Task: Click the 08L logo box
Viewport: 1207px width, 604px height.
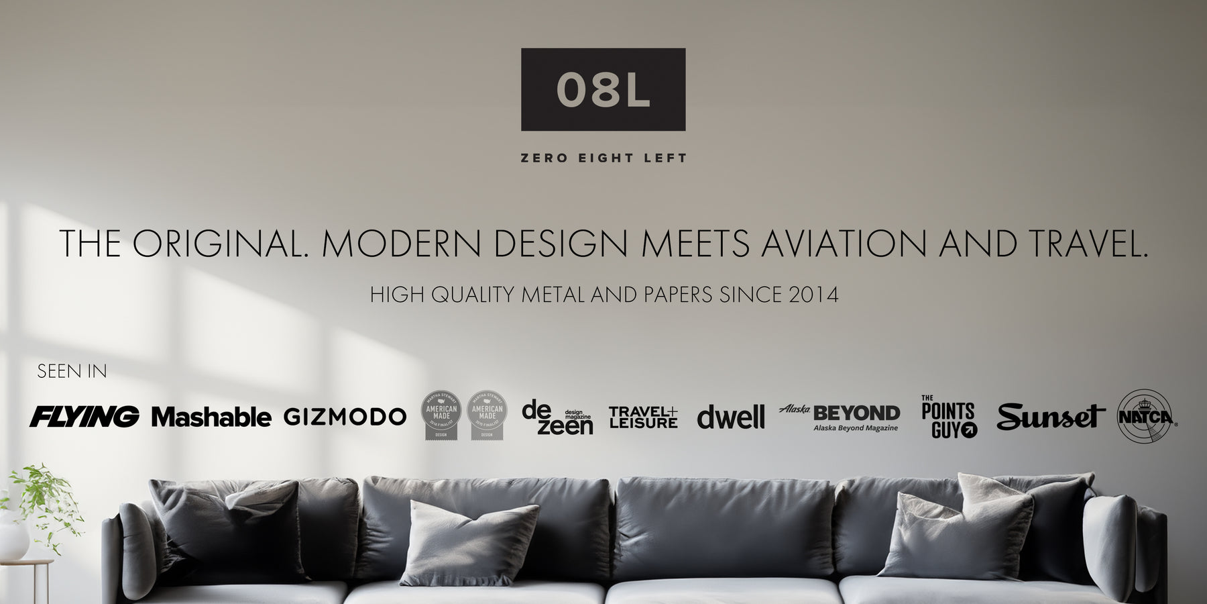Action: point(603,89)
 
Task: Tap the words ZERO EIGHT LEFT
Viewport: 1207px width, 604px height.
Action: point(603,158)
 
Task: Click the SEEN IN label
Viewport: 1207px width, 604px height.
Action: point(72,371)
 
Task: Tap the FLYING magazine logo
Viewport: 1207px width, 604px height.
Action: point(84,417)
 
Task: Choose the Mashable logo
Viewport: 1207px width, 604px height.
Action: point(211,417)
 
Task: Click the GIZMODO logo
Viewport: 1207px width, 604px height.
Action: point(345,417)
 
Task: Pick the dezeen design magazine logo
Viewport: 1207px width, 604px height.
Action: point(557,417)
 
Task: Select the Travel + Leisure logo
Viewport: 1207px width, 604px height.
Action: point(643,417)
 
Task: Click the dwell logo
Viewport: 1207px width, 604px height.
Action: point(730,417)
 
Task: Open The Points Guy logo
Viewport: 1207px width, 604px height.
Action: point(949,417)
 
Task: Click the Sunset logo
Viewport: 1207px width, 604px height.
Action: point(1050,417)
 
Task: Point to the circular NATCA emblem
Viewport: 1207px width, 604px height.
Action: point(1145,417)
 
